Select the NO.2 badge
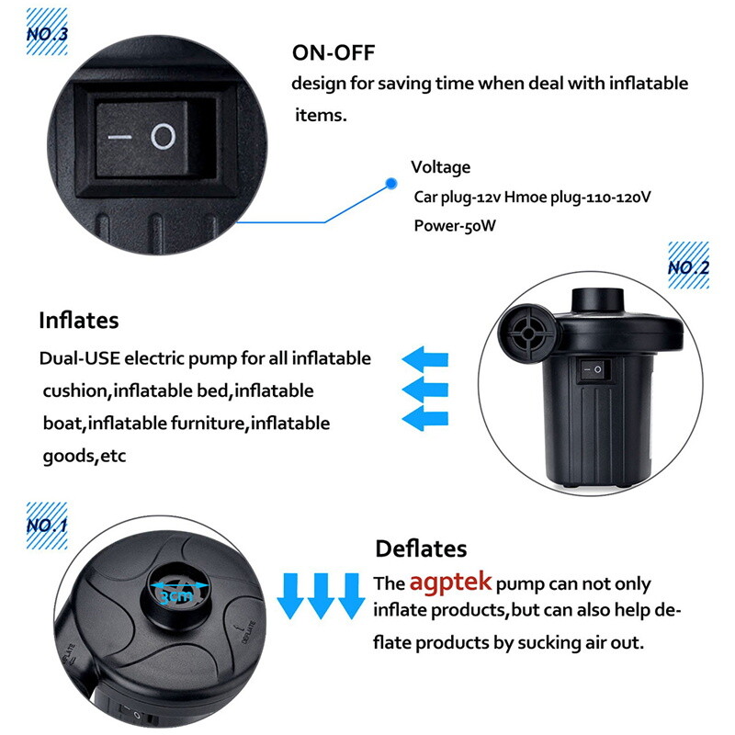point(688,267)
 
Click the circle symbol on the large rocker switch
point(163,138)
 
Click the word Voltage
point(440,167)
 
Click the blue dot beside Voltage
point(390,182)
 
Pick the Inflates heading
point(78,321)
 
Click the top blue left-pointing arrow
point(426,357)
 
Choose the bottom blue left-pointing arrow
point(426,418)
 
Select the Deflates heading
point(421,549)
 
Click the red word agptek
point(451,582)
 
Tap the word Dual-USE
point(74,358)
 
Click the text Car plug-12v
point(457,197)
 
